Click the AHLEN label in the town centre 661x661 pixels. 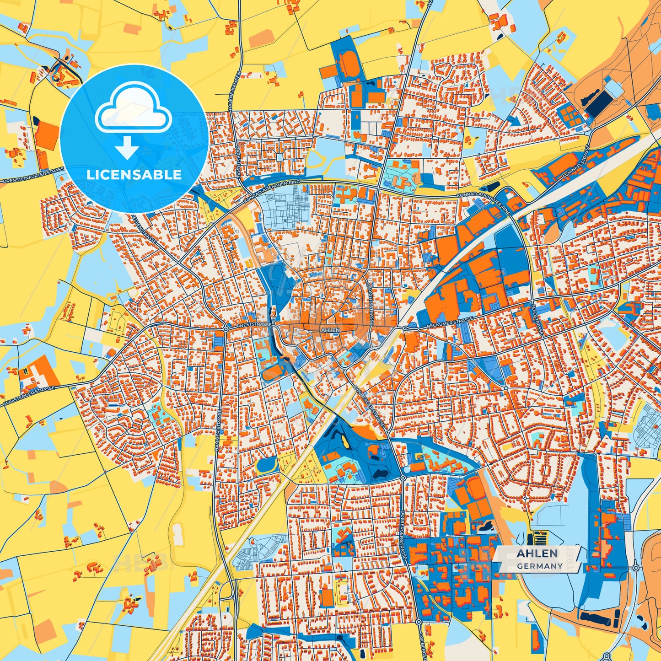tap(331, 329)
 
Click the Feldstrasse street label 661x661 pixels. tap(537, 318)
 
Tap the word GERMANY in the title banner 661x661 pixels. tap(540, 566)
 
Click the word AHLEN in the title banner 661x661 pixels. tap(537, 554)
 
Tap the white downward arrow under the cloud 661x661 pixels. tap(128, 147)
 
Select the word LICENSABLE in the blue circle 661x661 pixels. tap(134, 174)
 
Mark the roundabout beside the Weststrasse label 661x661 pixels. tap(226, 329)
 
